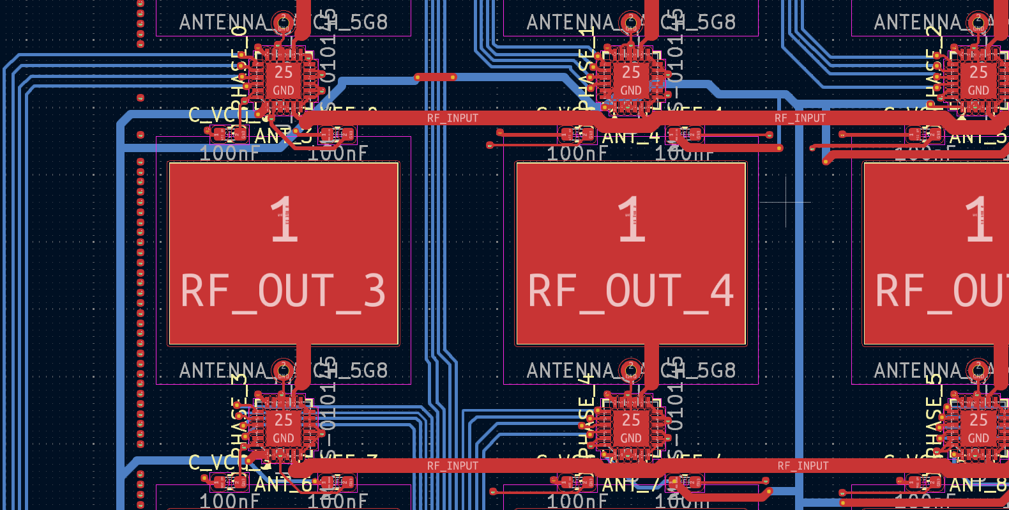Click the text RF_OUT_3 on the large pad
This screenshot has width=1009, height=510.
[283, 291]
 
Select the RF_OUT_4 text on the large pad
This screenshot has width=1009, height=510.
[630, 291]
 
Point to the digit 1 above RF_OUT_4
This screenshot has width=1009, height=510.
[632, 220]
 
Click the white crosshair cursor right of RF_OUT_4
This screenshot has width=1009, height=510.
[785, 202]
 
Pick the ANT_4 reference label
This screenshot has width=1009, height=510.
[631, 137]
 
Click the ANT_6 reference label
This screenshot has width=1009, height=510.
[284, 485]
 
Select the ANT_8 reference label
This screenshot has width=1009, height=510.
[978, 485]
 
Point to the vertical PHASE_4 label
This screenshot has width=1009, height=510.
[586, 419]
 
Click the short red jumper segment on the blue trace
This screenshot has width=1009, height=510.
[435, 77]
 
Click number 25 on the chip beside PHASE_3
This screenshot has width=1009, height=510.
[284, 420]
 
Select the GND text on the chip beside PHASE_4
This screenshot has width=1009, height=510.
[631, 438]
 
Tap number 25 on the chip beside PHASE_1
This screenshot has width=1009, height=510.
[631, 72]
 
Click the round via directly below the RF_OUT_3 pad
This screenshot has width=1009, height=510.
[283, 369]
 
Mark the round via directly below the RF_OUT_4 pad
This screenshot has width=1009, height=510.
[630, 369]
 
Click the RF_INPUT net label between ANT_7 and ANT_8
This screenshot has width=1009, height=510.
[803, 466]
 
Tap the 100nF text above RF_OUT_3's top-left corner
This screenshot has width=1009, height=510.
[229, 153]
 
